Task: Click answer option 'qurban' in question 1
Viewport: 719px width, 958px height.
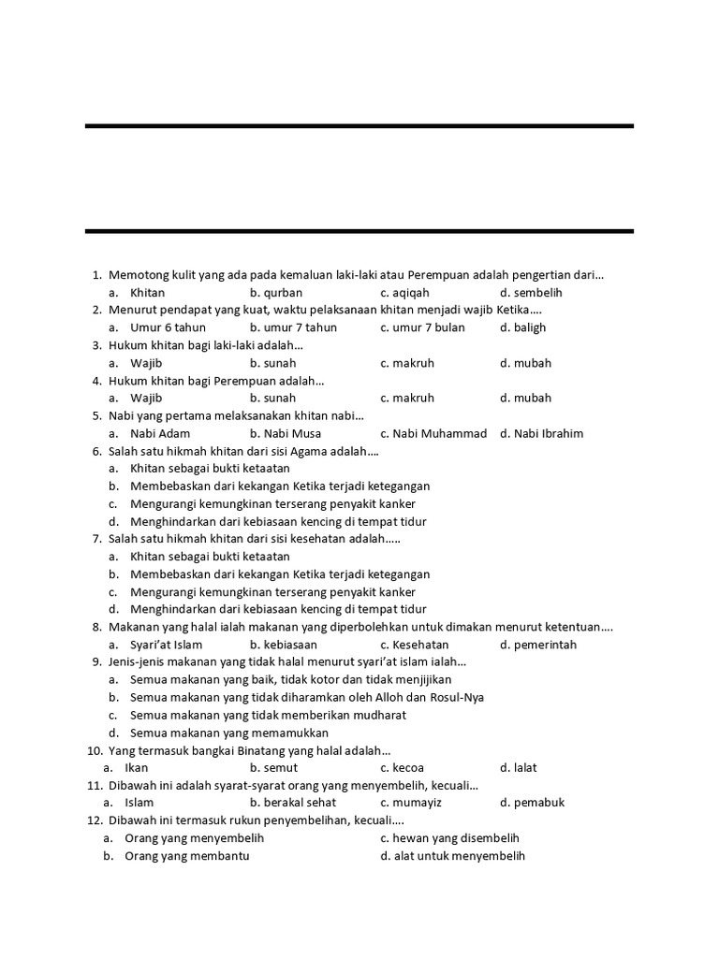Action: (276, 293)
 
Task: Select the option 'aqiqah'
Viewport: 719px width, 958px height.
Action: (404, 293)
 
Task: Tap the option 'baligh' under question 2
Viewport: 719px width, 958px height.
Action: (522, 327)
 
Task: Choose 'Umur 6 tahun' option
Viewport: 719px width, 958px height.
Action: (168, 327)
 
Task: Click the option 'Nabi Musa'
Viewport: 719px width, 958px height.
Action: (286, 433)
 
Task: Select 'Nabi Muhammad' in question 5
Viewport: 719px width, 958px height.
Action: (433, 433)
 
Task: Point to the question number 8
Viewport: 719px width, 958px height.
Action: (96, 627)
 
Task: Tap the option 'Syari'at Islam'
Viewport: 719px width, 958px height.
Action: (166, 645)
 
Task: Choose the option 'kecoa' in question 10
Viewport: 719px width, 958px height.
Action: (402, 768)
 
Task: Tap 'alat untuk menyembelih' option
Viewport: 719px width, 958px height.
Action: (453, 856)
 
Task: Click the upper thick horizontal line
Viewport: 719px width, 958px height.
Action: (359, 125)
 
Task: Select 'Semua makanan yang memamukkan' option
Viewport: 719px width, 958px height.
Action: (229, 733)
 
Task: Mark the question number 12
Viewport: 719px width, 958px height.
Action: (95, 820)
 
